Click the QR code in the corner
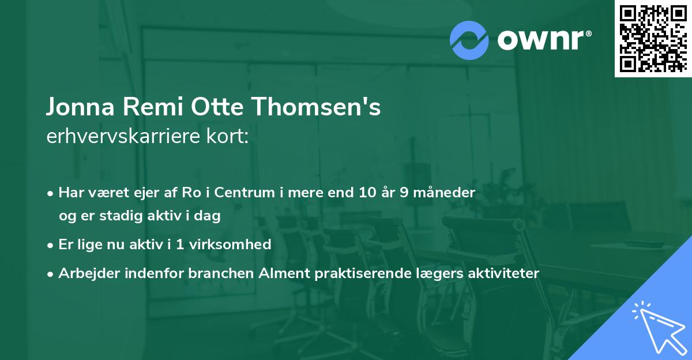(653, 38)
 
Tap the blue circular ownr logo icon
(469, 40)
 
